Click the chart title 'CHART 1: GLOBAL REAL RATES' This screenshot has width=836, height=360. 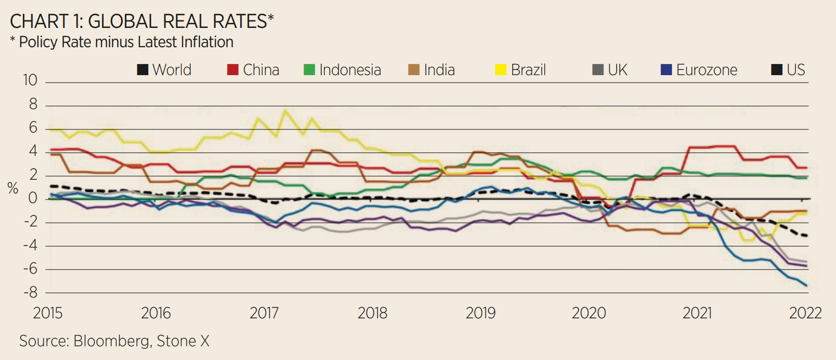click(x=142, y=21)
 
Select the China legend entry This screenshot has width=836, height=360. click(x=253, y=70)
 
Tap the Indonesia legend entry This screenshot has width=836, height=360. click(x=342, y=70)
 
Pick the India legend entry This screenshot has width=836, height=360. click(x=431, y=70)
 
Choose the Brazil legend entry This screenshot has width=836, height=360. click(x=521, y=70)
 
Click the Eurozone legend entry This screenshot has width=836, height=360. click(x=699, y=70)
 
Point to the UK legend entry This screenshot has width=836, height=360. click(x=610, y=70)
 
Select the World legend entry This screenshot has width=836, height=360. click(x=164, y=70)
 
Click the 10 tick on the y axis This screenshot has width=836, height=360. click(x=30, y=80)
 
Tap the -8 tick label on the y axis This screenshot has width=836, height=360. click(x=30, y=292)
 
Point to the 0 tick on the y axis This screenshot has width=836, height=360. click(x=33, y=198)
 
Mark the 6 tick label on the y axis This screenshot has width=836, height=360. click(x=33, y=127)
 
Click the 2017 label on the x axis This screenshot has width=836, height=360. click(x=264, y=313)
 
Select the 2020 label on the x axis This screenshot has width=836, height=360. click(x=589, y=313)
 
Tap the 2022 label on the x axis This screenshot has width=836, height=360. click(x=805, y=313)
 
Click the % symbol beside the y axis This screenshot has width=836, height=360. click(x=13, y=189)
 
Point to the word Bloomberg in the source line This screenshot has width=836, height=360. click(x=112, y=341)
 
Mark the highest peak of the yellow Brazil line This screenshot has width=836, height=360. click(x=284, y=110)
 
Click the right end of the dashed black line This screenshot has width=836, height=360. click(x=806, y=236)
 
